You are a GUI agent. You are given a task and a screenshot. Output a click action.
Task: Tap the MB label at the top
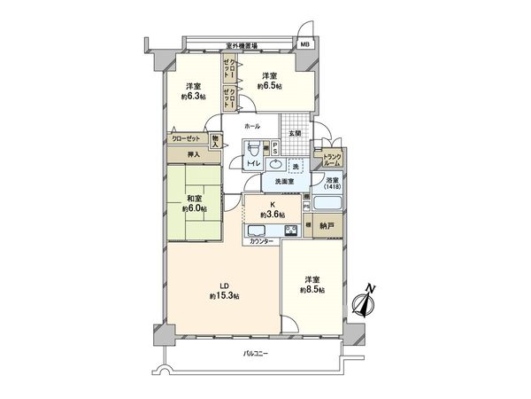[x=304, y=43]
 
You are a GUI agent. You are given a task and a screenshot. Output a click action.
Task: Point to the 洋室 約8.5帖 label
[x=312, y=285]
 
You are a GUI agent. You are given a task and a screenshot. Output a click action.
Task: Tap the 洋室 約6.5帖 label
[x=269, y=82]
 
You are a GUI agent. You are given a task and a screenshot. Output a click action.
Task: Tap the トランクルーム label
[x=333, y=160]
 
